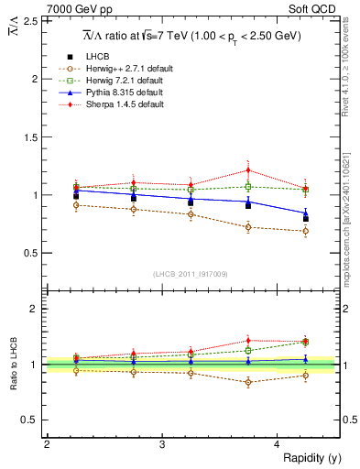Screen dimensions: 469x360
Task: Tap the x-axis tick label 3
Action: (x=162, y=444)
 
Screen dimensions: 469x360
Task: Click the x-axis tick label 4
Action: (x=278, y=444)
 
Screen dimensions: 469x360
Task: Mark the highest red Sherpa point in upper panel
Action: (x=248, y=170)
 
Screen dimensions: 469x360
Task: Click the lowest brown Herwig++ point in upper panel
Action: (x=306, y=231)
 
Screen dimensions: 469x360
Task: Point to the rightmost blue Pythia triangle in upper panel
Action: (x=306, y=213)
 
